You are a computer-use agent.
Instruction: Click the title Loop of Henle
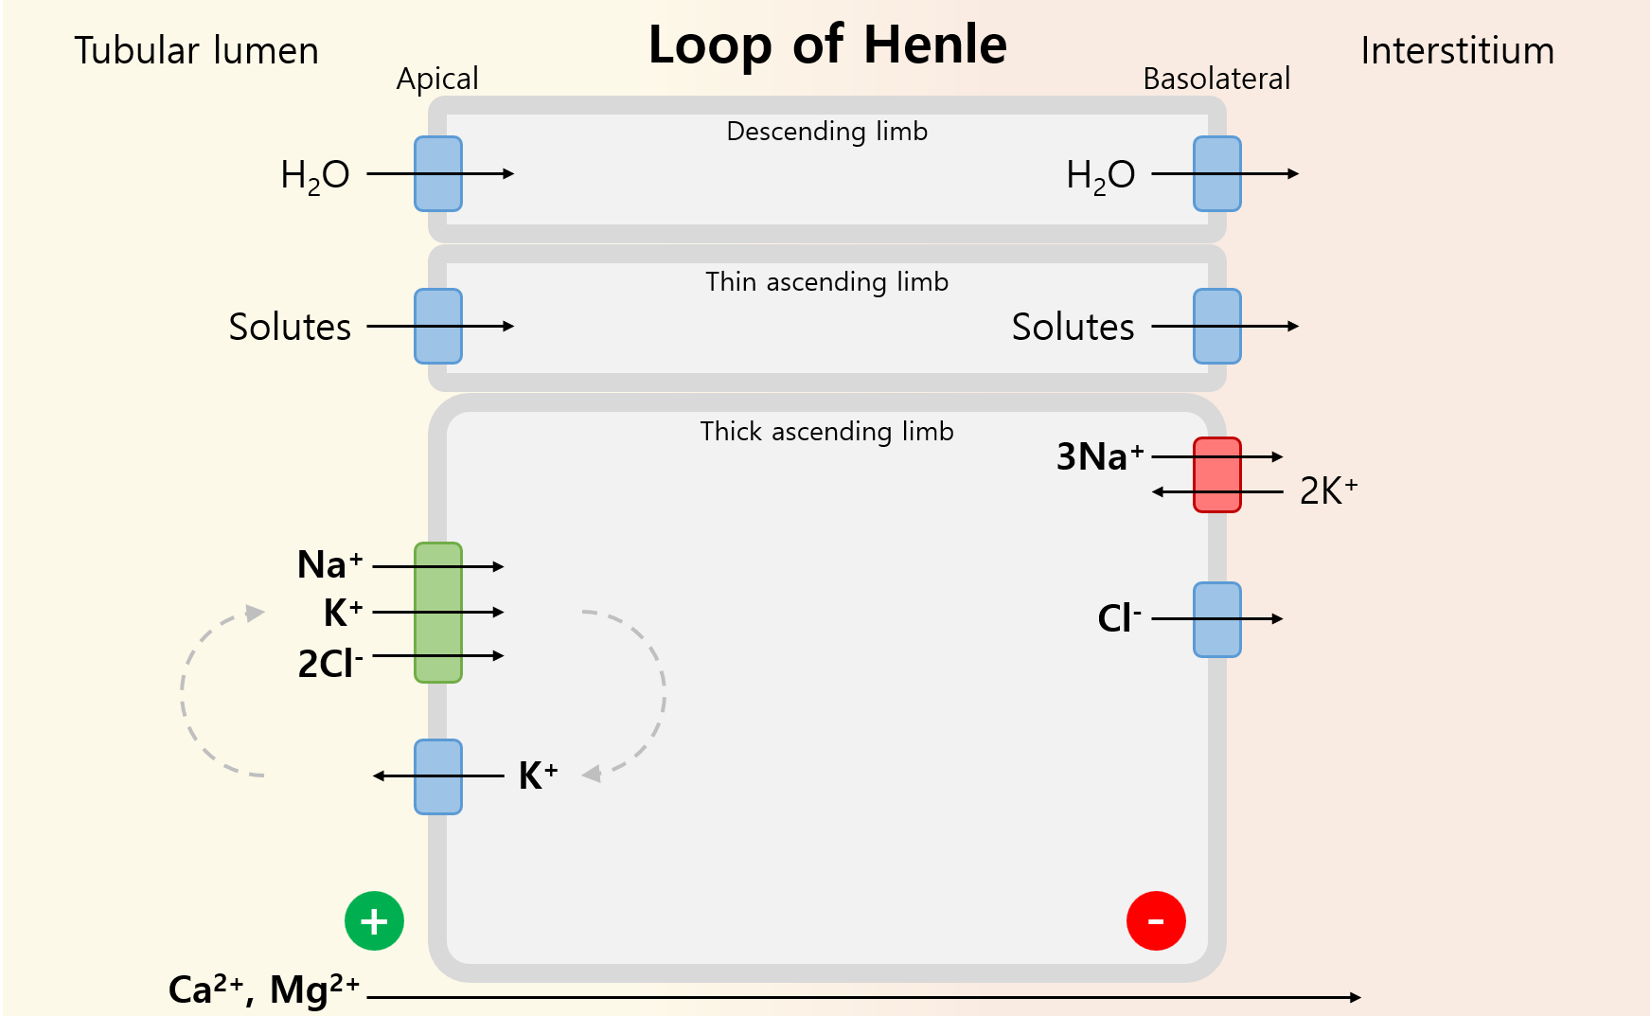(827, 45)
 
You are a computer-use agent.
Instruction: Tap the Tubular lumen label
(197, 51)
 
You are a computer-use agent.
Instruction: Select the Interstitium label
(1457, 51)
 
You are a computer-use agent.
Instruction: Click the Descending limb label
(826, 132)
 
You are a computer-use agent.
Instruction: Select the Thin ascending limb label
(826, 282)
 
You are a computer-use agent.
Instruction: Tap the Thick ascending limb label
(826, 432)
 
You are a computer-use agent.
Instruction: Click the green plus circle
(374, 920)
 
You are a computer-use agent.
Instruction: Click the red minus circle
(1156, 920)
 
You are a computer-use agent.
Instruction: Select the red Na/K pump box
(1216, 474)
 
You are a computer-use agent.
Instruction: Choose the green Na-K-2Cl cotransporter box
(438, 613)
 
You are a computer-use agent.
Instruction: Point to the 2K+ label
(1328, 491)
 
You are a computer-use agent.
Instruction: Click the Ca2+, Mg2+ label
(264, 990)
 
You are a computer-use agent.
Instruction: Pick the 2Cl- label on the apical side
(330, 663)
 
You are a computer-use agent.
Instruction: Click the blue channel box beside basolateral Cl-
(1216, 619)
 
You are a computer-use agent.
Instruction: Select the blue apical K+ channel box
(438, 776)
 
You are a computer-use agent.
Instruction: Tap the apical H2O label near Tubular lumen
(315, 175)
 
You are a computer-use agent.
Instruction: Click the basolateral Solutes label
(1073, 328)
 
